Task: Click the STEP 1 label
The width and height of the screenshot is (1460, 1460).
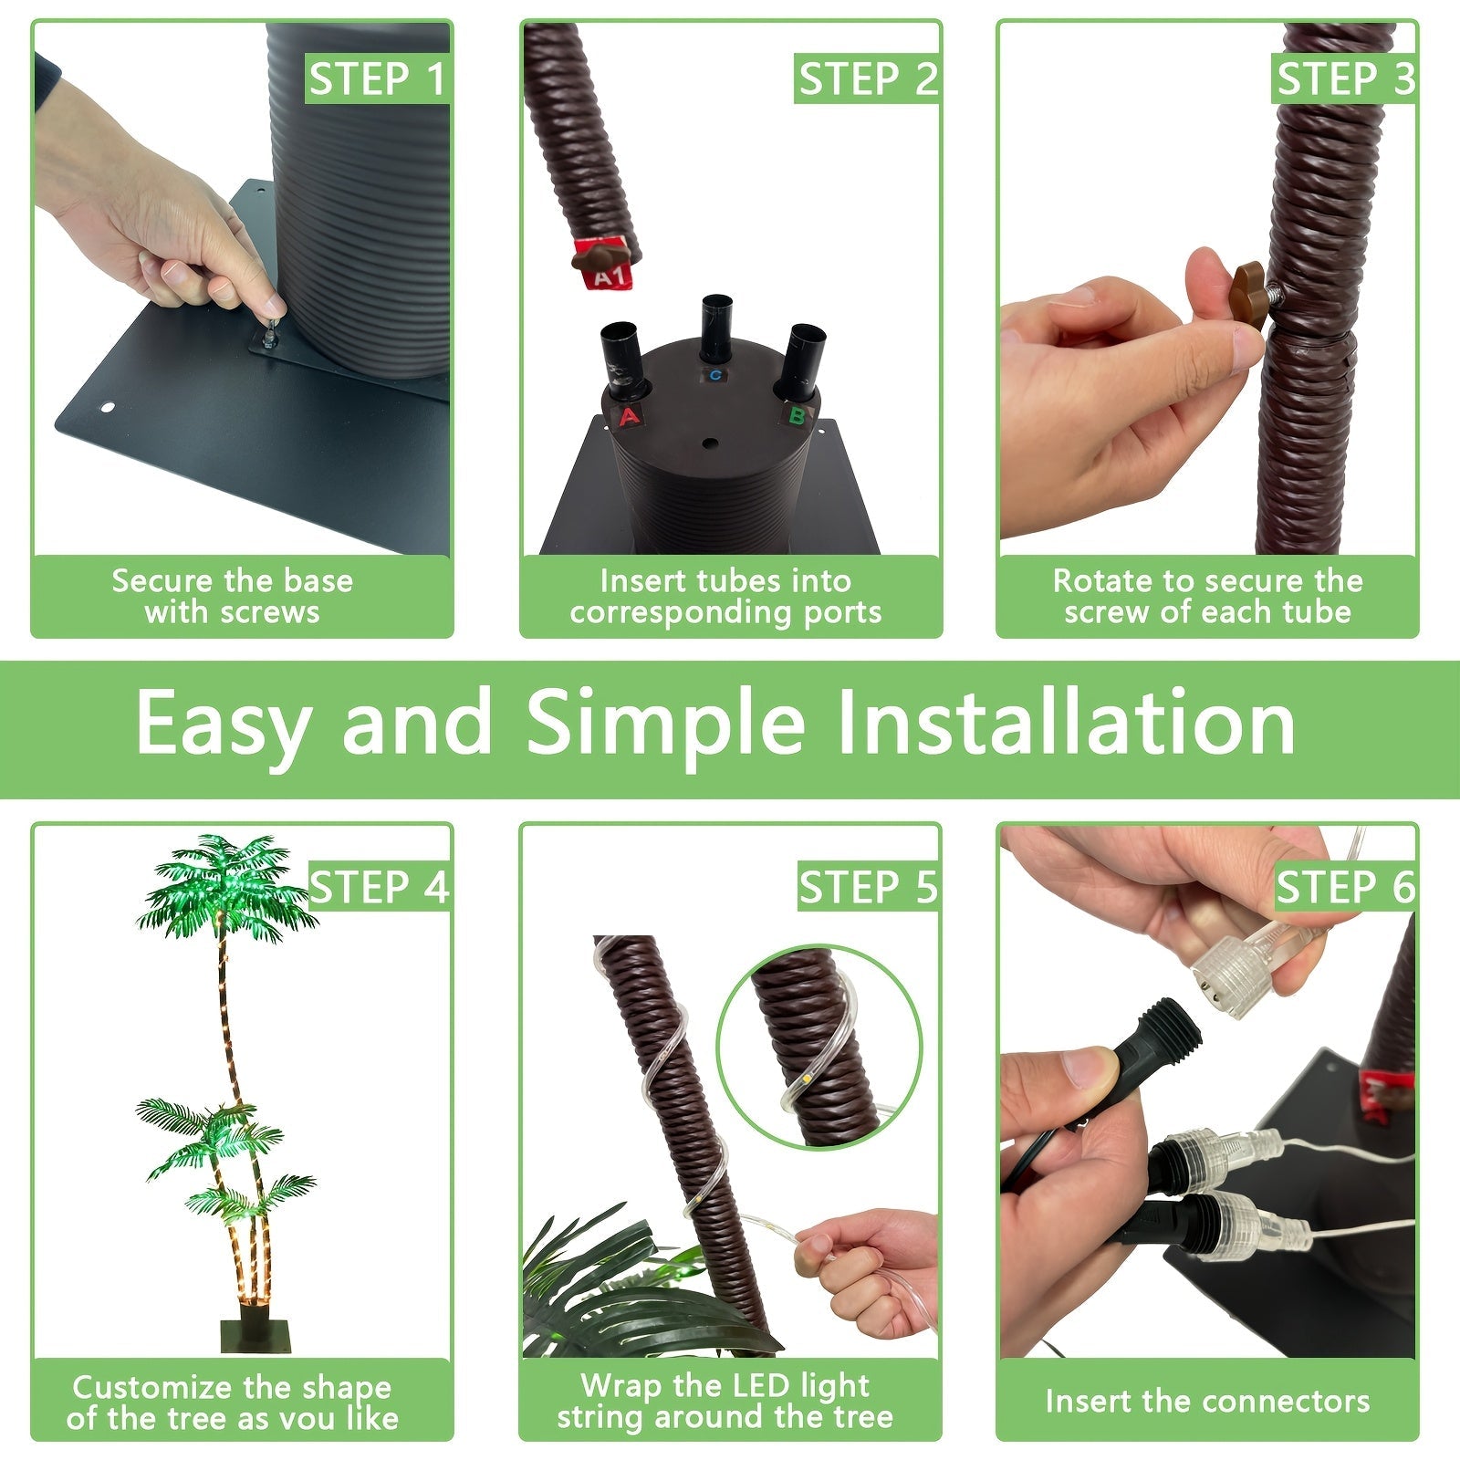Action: [377, 79]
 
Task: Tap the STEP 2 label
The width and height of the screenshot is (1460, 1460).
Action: [867, 79]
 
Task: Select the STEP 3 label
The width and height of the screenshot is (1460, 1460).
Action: [1344, 79]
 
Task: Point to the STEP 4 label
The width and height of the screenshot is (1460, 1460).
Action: [379, 887]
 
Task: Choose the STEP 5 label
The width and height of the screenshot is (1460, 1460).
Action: [868, 887]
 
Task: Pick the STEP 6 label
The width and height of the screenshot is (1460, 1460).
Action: [1345, 887]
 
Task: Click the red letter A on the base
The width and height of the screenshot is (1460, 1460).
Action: [629, 418]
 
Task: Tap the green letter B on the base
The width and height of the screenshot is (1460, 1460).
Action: [797, 416]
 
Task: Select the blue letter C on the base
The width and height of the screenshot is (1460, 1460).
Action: [714, 375]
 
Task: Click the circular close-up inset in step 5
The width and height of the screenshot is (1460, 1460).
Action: [819, 1046]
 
